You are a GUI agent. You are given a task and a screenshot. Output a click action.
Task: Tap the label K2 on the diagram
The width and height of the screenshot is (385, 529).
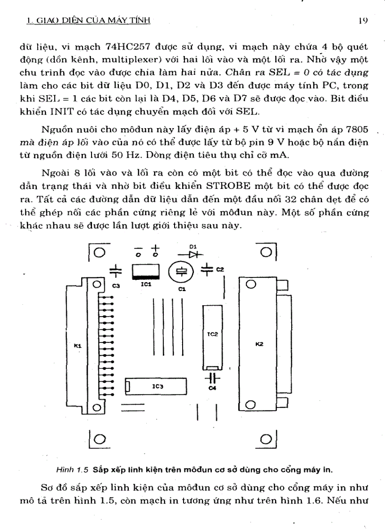click(259, 344)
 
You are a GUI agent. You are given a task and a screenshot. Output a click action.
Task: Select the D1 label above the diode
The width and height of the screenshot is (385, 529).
click(192, 246)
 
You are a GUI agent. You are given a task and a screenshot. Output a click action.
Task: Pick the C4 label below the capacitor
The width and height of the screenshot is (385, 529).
click(212, 388)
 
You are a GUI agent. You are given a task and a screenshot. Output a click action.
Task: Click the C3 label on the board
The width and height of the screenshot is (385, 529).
click(116, 286)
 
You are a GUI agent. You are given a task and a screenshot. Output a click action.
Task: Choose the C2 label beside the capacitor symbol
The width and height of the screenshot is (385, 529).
click(220, 269)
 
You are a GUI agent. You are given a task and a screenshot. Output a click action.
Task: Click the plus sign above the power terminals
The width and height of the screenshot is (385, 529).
click(156, 247)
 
